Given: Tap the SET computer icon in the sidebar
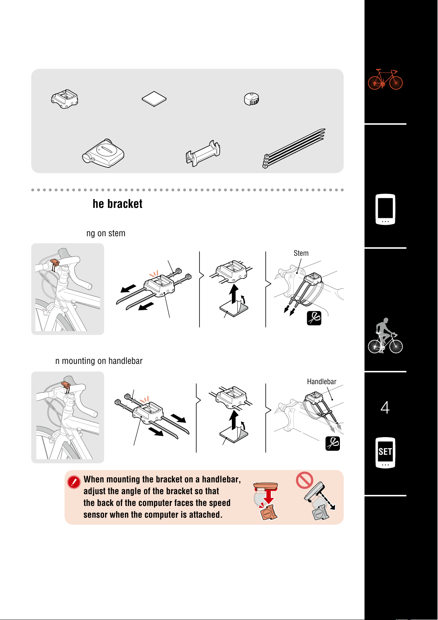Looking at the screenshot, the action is point(385,453).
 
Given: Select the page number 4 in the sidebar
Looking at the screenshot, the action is point(385,407).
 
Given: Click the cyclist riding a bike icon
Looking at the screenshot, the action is point(385,336).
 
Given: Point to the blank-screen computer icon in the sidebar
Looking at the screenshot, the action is point(385,209).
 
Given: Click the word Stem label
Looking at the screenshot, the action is point(301,253).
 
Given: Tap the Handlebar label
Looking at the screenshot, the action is point(322,382).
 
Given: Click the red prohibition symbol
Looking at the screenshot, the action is point(304,480).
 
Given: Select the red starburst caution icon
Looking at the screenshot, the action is point(74,482).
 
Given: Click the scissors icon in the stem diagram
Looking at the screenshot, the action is point(314,318).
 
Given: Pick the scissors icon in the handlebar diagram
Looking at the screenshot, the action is point(333,443).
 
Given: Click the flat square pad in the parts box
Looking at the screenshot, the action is point(154,99).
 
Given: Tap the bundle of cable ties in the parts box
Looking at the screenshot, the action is point(294,148).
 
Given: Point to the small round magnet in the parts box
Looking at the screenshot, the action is point(251,99).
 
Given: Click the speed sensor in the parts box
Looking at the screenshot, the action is point(103,153).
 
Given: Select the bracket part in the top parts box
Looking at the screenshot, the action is point(65,99).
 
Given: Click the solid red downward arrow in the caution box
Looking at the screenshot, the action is point(268,497).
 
